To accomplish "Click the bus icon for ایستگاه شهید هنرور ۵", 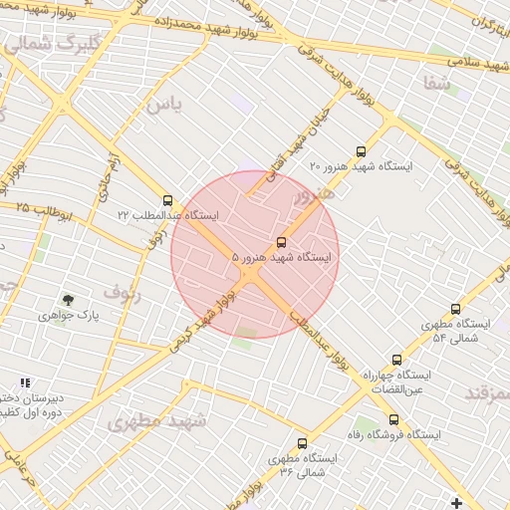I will point(281,242).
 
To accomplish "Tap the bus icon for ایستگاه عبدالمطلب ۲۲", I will point(166,200).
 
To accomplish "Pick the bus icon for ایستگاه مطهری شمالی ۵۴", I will point(455,310).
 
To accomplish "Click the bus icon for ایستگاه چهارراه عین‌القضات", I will point(396,360).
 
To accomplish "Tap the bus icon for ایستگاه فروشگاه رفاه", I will point(394,419).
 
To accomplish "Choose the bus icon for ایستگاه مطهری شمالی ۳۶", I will point(302,443).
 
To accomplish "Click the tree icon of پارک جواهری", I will point(68,299).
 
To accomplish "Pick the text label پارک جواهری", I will point(62,316).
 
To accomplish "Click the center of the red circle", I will point(255,255).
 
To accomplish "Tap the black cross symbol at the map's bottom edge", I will point(457,502).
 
